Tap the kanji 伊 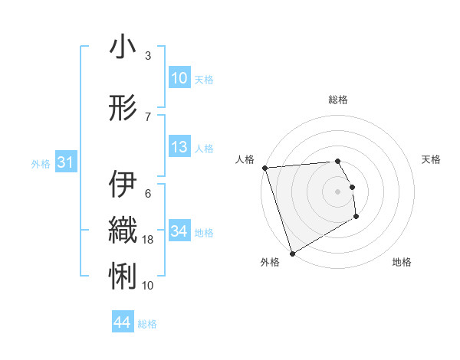click(123, 185)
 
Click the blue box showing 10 click(179, 78)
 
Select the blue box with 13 click(179, 147)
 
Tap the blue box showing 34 click(179, 231)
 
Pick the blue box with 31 click(65, 162)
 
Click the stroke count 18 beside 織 click(149, 240)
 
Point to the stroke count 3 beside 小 click(147, 56)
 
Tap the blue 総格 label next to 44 click(147, 324)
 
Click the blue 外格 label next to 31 click(41, 163)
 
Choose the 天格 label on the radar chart click(432, 159)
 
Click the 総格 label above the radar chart click(338, 100)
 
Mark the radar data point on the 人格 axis click(264, 168)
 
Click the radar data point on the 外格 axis click(292, 253)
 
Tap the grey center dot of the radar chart click(337, 191)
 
